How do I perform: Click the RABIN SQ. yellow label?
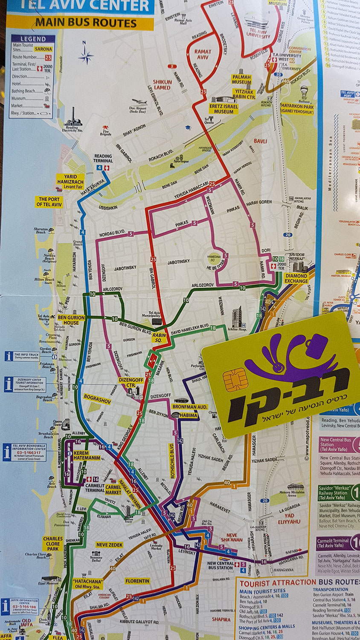[160, 338]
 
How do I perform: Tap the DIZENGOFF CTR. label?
[131, 382]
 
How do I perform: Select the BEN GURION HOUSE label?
[71, 320]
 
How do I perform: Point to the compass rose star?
[86, 55]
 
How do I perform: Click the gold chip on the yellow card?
[235, 380]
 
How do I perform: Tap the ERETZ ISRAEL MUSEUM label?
[224, 109]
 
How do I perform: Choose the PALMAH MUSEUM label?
[241, 80]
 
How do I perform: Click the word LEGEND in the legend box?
[33, 39]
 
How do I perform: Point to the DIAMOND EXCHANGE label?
[296, 279]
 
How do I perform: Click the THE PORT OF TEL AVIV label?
[49, 202]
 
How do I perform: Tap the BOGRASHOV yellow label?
[97, 399]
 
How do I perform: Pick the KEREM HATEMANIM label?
[87, 455]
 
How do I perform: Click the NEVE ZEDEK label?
[110, 545]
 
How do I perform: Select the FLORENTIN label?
[137, 581]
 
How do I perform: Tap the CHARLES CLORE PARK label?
[53, 544]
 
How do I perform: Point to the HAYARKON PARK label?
[297, 108]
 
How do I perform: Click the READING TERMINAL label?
[103, 158]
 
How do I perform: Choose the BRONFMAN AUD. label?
[190, 407]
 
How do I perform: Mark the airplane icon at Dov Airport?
[139, 102]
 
